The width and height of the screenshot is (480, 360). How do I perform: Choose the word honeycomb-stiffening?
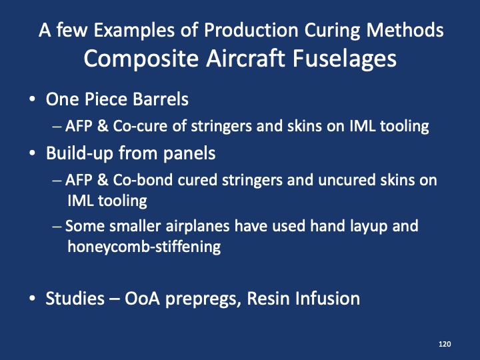coord(144,246)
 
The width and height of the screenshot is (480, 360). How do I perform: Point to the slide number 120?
coord(445,344)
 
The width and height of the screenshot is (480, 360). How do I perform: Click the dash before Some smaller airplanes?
coord(58,227)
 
